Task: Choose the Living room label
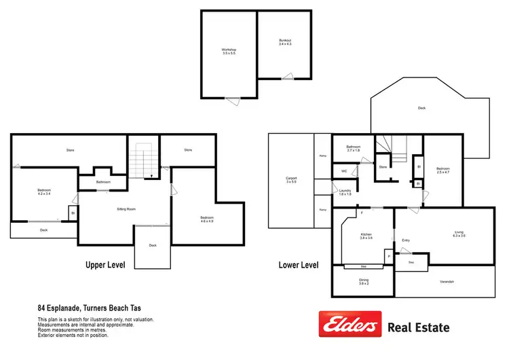tap(459, 234)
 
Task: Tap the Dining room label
tap(364, 282)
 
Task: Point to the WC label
tap(344, 171)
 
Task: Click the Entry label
tap(406, 240)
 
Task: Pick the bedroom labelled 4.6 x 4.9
tap(207, 219)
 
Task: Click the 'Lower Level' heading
tap(299, 264)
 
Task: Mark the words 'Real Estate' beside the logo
tap(418, 327)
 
